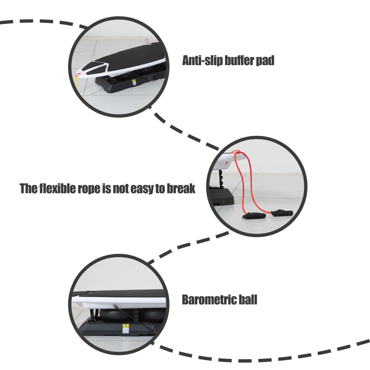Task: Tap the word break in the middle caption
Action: pos(181,189)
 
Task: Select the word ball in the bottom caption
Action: pos(247,299)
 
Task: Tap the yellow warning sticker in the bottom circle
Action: pos(125,328)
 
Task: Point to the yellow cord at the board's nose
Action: pos(77,82)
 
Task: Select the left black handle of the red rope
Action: pos(254,216)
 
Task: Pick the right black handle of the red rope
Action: pos(282,213)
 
